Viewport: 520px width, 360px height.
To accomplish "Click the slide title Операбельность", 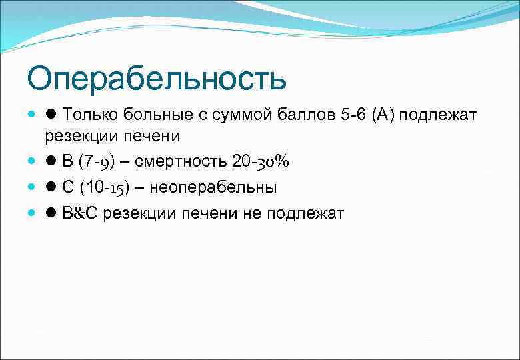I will pos(157,79).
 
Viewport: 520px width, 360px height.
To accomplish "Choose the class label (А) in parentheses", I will pos(387,115).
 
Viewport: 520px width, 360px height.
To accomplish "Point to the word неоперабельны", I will pos(213,187).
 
